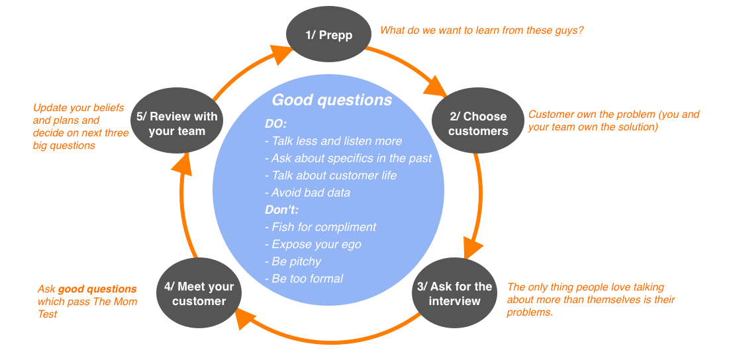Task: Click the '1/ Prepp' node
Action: [x=328, y=35]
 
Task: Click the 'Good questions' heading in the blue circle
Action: [x=332, y=100]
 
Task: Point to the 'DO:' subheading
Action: [x=276, y=124]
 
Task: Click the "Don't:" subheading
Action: [x=281, y=210]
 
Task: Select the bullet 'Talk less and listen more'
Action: [x=333, y=141]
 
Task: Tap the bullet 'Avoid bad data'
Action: [x=308, y=193]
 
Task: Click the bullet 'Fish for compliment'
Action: [x=320, y=227]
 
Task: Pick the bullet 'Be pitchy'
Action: [x=293, y=262]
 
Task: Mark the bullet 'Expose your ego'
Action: [x=313, y=244]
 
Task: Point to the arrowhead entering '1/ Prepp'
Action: [x=281, y=54]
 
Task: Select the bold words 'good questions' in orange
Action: [x=97, y=289]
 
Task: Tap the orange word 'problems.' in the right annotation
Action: [x=530, y=312]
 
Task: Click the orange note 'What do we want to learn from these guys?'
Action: [x=482, y=30]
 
